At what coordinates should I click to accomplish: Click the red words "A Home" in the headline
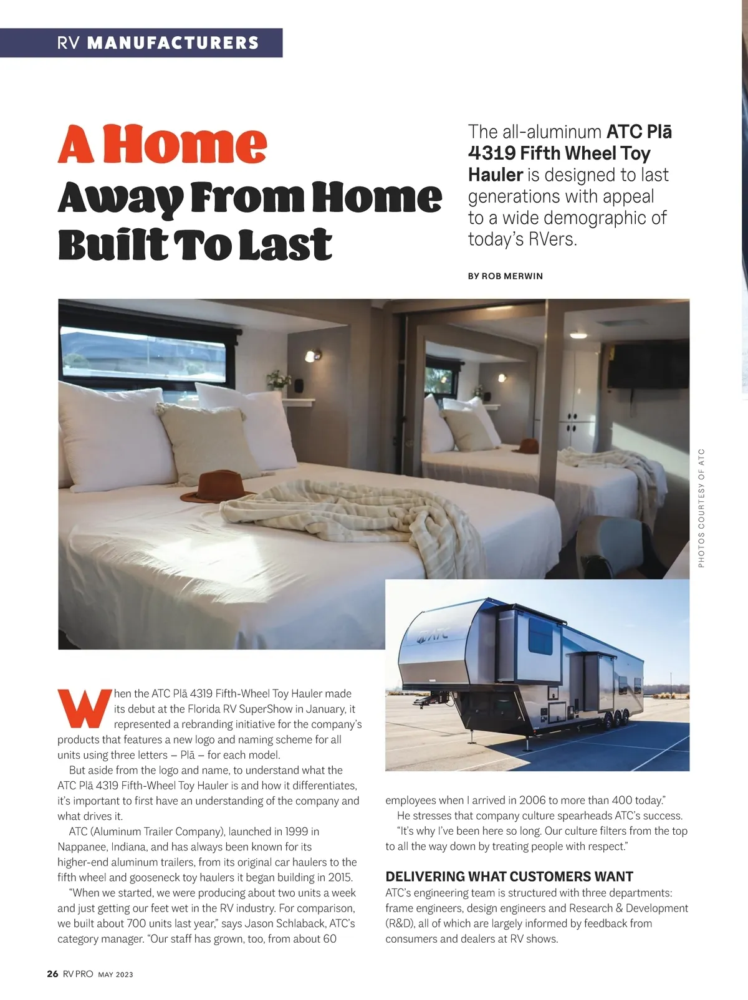point(163,145)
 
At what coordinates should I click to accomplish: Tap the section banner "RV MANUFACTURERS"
point(158,43)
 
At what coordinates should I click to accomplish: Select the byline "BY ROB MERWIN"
point(505,276)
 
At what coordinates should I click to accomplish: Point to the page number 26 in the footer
point(52,974)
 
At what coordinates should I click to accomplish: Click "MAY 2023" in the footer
point(115,974)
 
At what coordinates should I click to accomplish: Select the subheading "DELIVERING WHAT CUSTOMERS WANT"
point(509,877)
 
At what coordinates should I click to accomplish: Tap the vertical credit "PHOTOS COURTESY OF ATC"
point(701,507)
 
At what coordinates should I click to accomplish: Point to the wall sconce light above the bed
point(311,356)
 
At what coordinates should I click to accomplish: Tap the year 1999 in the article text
point(296,832)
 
